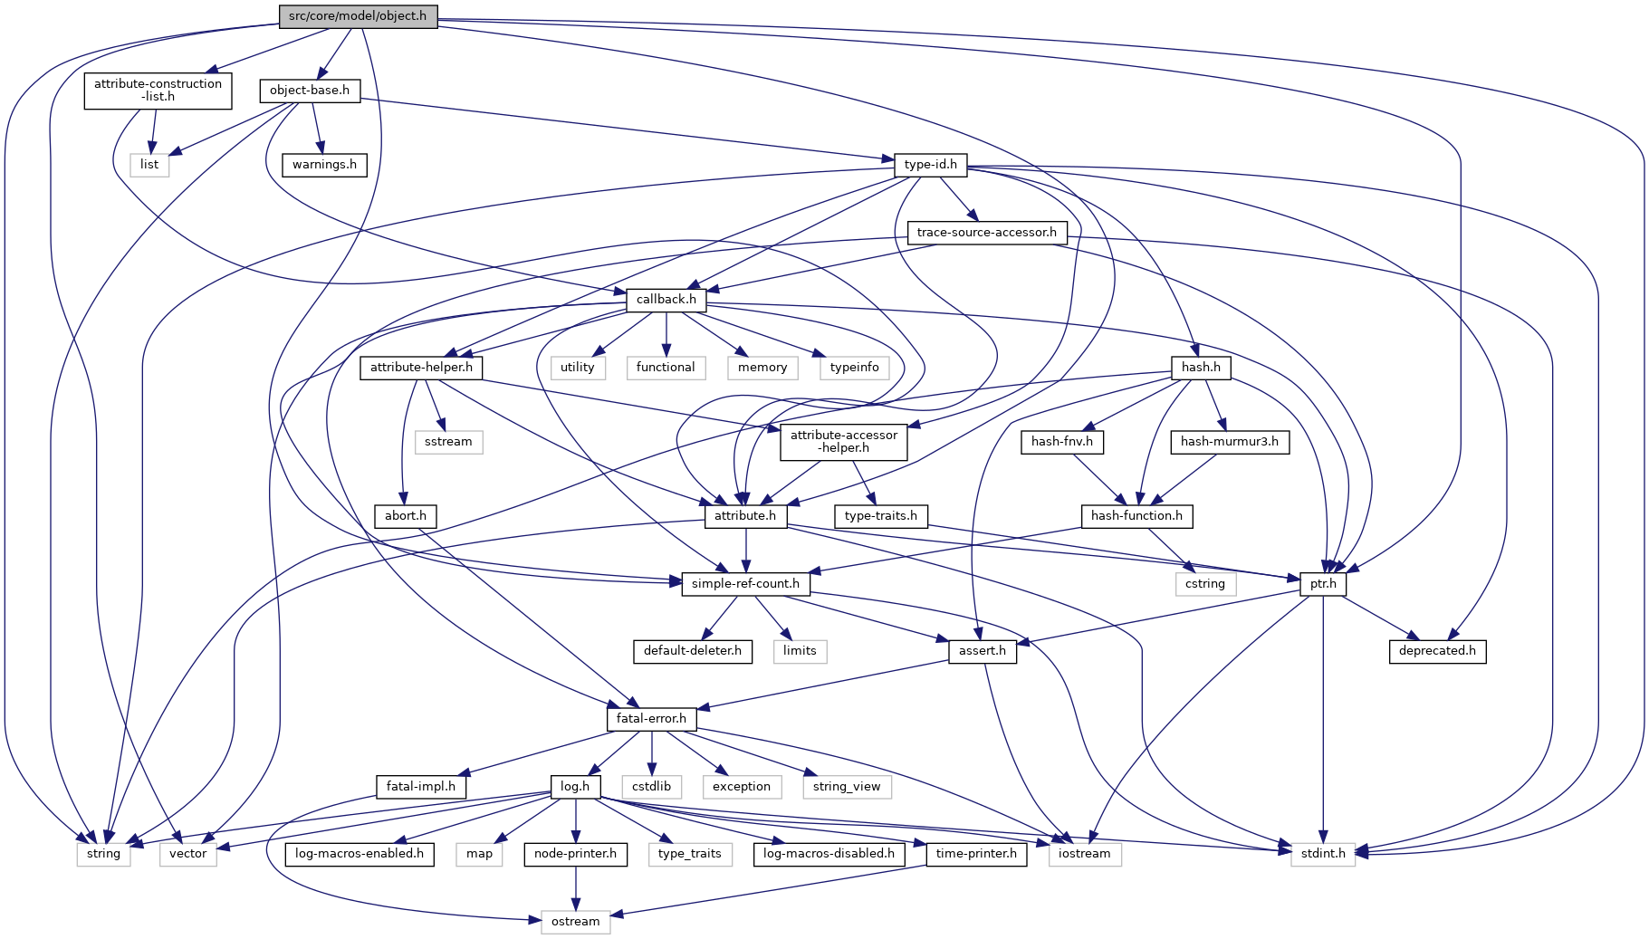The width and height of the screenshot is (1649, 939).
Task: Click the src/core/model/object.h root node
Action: pos(358,16)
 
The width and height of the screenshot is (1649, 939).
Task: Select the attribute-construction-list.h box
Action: pos(158,90)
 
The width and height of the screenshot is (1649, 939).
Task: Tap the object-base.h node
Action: pos(310,91)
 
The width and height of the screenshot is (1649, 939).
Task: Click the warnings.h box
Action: pos(324,165)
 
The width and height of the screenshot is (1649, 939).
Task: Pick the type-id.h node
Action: pos(930,165)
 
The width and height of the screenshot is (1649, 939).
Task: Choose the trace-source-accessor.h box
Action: pos(986,233)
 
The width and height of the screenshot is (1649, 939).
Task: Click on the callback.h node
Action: pos(666,300)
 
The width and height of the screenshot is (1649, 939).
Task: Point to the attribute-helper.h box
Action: pos(421,368)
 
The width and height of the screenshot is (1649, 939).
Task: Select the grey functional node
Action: pos(666,368)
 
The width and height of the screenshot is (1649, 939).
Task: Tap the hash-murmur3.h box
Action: pos(1229,442)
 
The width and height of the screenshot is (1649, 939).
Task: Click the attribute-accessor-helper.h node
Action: pos(843,441)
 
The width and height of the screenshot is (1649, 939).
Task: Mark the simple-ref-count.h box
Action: pos(745,584)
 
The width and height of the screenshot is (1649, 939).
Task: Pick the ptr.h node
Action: pos(1323,584)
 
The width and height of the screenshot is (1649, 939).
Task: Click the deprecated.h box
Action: pos(1436,651)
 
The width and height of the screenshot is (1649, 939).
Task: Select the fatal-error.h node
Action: pos(651,719)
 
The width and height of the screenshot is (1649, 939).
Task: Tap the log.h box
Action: pos(575,787)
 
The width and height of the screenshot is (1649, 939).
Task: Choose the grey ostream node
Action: pos(575,922)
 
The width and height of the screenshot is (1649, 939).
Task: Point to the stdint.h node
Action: pos(1323,854)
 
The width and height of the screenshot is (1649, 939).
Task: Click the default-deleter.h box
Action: pos(692,651)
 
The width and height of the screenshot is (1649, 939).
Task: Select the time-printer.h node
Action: pos(976,854)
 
